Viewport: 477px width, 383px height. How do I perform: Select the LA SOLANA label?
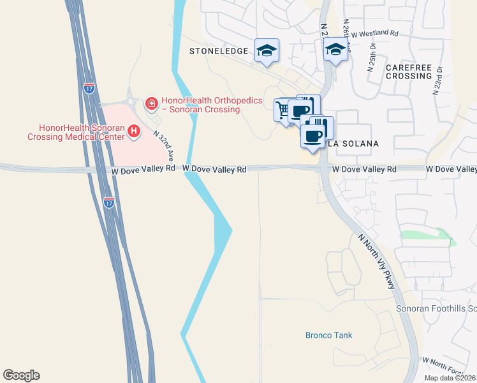click(x=353, y=144)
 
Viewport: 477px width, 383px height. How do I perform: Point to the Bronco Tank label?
click(x=328, y=335)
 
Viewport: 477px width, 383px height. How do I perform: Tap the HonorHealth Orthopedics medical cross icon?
click(x=152, y=103)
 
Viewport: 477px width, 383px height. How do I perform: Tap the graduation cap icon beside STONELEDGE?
click(x=267, y=50)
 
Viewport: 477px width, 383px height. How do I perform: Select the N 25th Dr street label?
click(x=370, y=57)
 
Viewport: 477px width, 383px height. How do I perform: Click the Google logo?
click(x=21, y=375)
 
